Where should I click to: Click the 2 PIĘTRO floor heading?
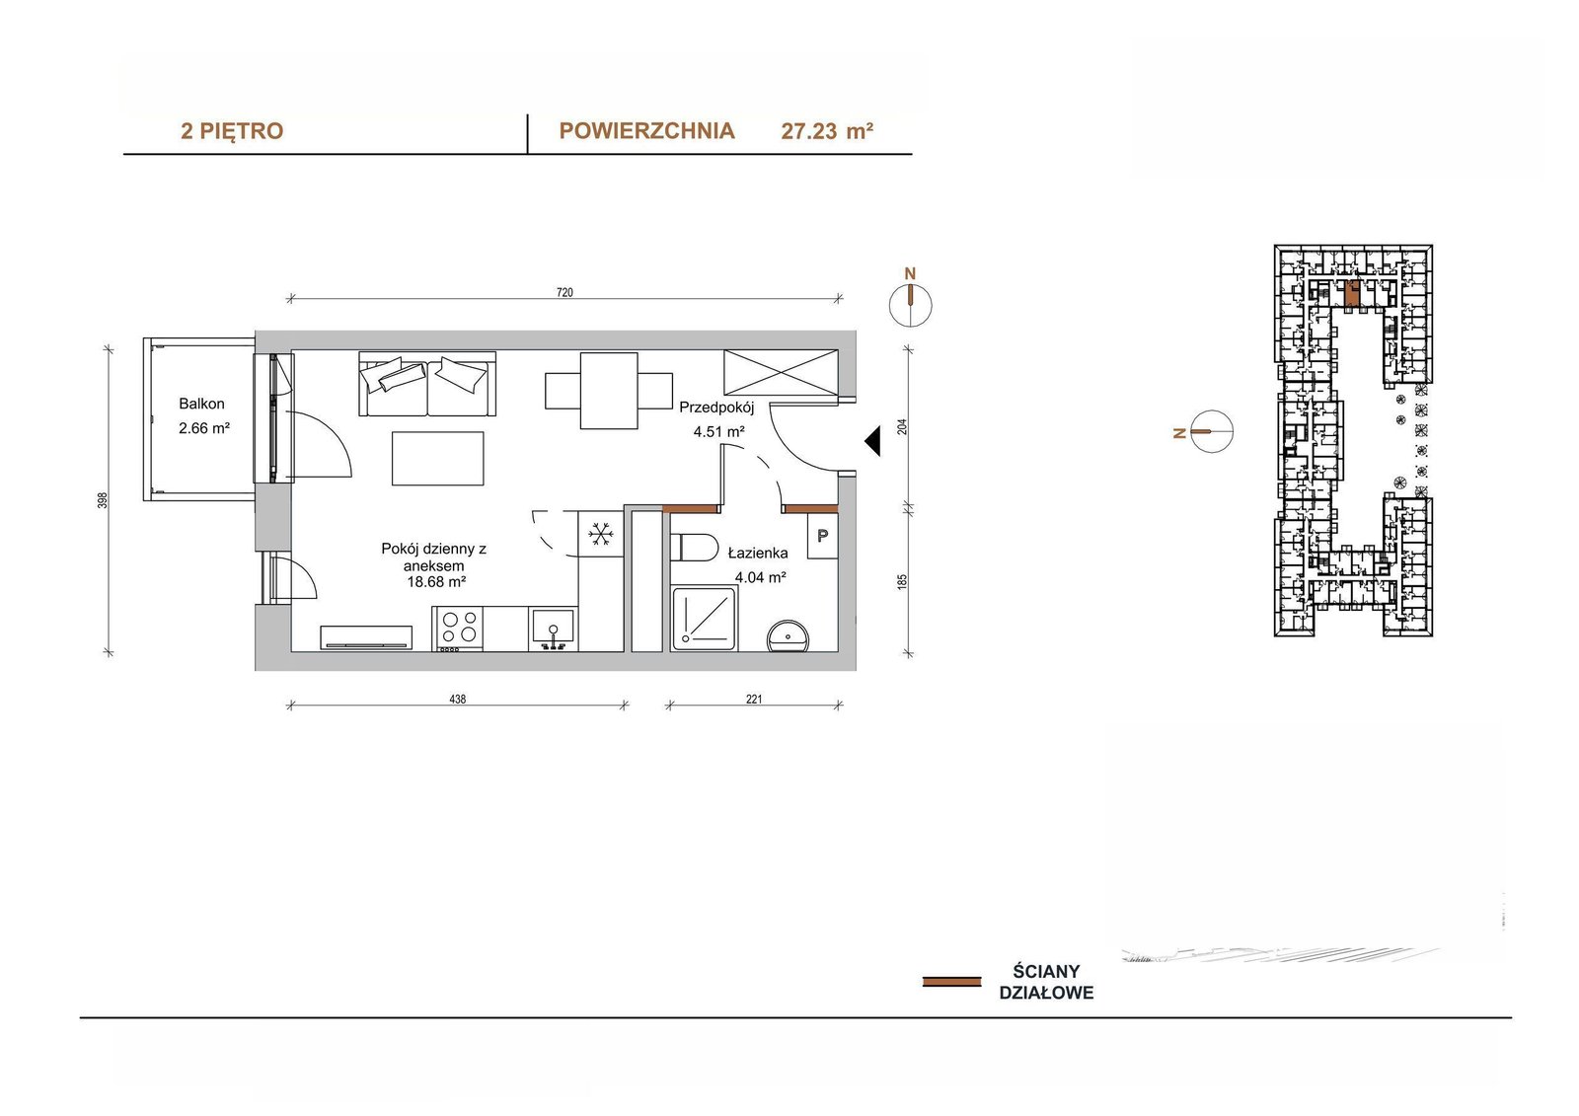(x=232, y=131)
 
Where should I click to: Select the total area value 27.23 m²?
(x=827, y=131)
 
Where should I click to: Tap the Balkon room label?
(x=201, y=404)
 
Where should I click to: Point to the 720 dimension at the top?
(x=564, y=292)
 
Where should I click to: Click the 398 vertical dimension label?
(x=103, y=500)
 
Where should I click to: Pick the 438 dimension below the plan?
(x=458, y=700)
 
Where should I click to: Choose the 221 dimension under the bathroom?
(x=754, y=700)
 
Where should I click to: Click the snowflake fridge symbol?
(x=601, y=534)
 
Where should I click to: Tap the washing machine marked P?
(x=823, y=536)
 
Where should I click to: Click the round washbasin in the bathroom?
(x=789, y=637)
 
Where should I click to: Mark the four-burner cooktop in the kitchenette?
(x=458, y=629)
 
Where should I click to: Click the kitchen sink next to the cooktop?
(x=554, y=629)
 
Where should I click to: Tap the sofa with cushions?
(x=428, y=384)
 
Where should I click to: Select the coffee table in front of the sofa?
(x=438, y=458)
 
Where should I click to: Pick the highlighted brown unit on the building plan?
(x=1352, y=293)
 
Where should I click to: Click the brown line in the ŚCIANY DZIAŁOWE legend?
(x=951, y=982)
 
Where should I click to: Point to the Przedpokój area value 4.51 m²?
(x=719, y=432)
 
